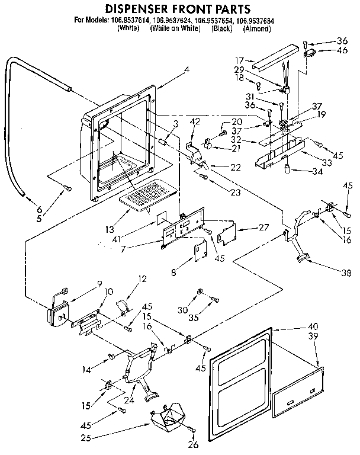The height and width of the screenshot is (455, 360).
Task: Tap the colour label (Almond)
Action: click(x=256, y=28)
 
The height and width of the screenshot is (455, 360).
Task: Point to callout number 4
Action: click(x=187, y=69)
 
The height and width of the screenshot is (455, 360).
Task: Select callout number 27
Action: click(x=263, y=227)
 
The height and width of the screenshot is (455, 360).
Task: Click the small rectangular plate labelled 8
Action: click(x=197, y=251)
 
